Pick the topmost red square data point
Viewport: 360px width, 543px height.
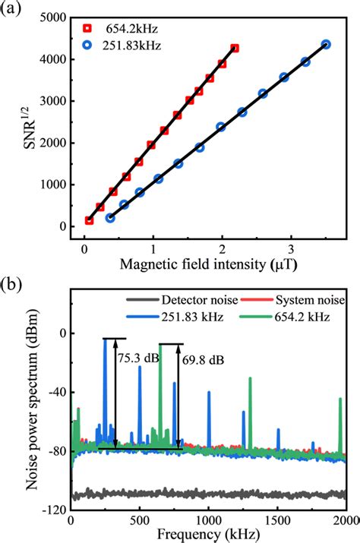[235, 48]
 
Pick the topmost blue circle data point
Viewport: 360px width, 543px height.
[326, 45]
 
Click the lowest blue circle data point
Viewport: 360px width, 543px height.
[110, 218]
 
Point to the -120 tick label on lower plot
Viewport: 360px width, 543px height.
[53, 510]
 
